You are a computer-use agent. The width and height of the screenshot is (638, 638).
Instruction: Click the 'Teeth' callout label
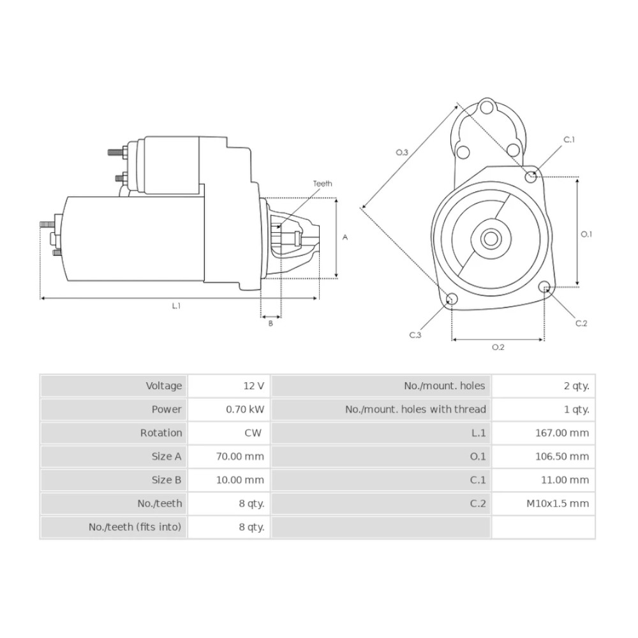(x=322, y=184)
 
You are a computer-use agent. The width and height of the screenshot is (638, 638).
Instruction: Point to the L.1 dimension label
(x=176, y=306)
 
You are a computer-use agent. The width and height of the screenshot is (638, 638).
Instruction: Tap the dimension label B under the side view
(x=271, y=323)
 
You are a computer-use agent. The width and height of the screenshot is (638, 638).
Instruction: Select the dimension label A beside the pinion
(x=345, y=237)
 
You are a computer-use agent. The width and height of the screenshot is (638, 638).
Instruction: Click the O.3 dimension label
(x=402, y=152)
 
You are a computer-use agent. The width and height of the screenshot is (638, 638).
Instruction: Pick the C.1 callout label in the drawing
(x=569, y=140)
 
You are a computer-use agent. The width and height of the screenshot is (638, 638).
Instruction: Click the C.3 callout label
(x=415, y=335)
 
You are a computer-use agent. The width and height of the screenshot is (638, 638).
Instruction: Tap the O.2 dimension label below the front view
(x=498, y=347)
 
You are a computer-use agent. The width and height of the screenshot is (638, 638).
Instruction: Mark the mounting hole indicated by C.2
(x=544, y=287)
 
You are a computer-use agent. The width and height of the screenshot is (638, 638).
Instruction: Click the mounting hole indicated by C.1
(x=531, y=177)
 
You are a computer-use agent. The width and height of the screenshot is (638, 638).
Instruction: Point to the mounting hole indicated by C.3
(x=452, y=299)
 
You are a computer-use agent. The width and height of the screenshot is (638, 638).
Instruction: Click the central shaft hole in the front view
(x=491, y=239)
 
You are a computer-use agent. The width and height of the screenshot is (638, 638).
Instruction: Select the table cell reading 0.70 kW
(x=245, y=410)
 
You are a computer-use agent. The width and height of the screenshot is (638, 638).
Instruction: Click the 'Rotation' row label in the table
(x=161, y=433)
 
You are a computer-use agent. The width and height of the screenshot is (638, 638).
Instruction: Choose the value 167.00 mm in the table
(x=562, y=433)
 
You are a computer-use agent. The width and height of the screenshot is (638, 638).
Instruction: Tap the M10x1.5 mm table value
(x=558, y=503)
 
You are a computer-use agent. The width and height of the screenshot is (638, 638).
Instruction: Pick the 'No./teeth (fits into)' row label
(x=135, y=527)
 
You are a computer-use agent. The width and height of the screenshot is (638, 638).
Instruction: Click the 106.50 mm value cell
(x=562, y=456)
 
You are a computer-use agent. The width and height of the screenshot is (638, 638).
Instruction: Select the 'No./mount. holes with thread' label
(x=415, y=409)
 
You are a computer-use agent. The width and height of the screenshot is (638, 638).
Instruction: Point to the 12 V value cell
(x=254, y=386)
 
